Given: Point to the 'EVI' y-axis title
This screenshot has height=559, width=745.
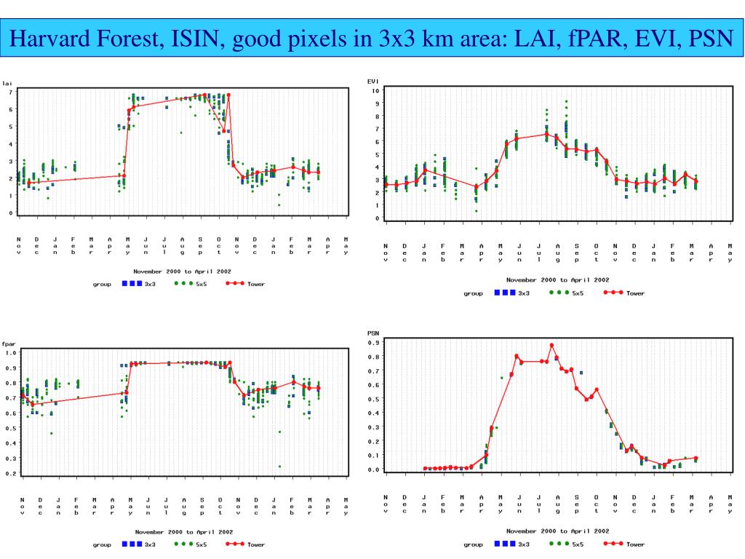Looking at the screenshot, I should point(373,82).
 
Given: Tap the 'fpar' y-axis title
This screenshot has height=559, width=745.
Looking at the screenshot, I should point(9,343).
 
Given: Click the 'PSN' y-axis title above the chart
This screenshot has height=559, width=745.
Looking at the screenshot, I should point(374,333).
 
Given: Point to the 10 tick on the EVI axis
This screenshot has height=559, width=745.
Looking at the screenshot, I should point(374,91).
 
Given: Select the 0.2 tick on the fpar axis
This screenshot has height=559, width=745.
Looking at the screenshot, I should point(12,474).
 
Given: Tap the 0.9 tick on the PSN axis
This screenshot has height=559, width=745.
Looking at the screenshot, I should point(375,342).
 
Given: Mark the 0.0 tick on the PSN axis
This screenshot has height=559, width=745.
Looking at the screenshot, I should point(375,469).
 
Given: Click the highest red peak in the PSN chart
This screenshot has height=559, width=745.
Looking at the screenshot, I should point(551,345).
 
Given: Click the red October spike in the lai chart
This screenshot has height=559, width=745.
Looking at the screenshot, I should point(228,95).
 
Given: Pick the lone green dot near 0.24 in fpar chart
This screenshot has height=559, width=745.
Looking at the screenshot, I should point(279,467).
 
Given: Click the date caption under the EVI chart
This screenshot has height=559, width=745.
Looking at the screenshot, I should point(557,279).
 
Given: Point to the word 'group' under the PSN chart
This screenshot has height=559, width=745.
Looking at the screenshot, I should point(473,544).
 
